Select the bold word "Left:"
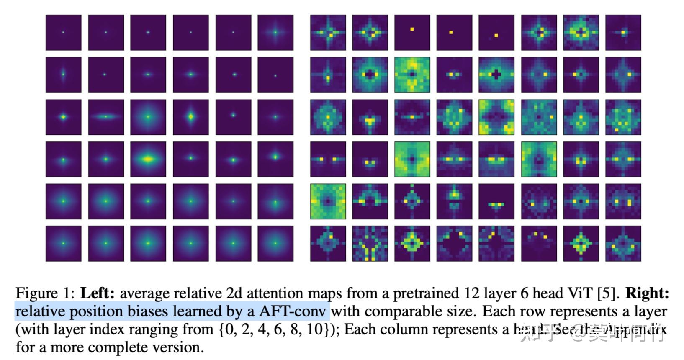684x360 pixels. [x=97, y=293]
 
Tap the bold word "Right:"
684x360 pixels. [x=647, y=293]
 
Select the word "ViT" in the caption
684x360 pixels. [x=580, y=293]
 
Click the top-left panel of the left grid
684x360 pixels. [x=64, y=33]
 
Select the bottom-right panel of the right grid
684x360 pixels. [x=623, y=244]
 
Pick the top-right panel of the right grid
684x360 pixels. [x=623, y=33]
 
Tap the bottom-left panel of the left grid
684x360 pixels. [x=64, y=244]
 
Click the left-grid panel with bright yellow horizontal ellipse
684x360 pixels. [x=148, y=159]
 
